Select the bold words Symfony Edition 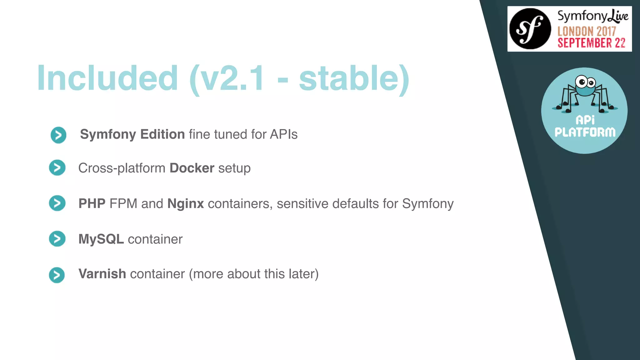pos(132,134)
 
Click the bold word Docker pos(192,168)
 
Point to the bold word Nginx pos(185,204)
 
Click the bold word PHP pos(92,204)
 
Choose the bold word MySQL pos(101,239)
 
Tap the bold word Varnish pos(102,274)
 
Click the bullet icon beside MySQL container pos(57,239)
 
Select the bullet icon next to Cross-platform pos(57,168)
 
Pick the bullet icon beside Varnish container pos(57,275)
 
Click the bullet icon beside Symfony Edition pos(58,135)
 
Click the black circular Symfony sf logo pos(530,29)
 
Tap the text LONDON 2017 pos(586,31)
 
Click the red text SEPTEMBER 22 pos(591,43)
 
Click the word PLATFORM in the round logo pos(585,132)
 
